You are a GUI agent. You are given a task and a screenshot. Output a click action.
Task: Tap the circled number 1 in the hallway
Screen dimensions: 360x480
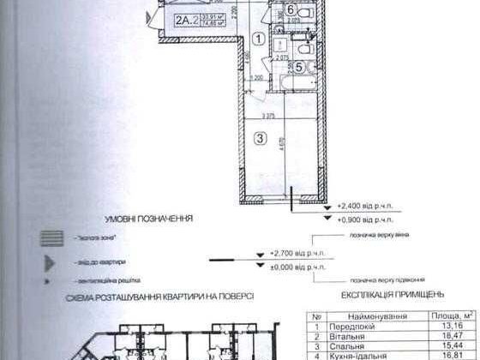pos(258,38)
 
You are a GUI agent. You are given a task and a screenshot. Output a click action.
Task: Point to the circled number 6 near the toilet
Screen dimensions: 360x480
pos(291,11)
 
